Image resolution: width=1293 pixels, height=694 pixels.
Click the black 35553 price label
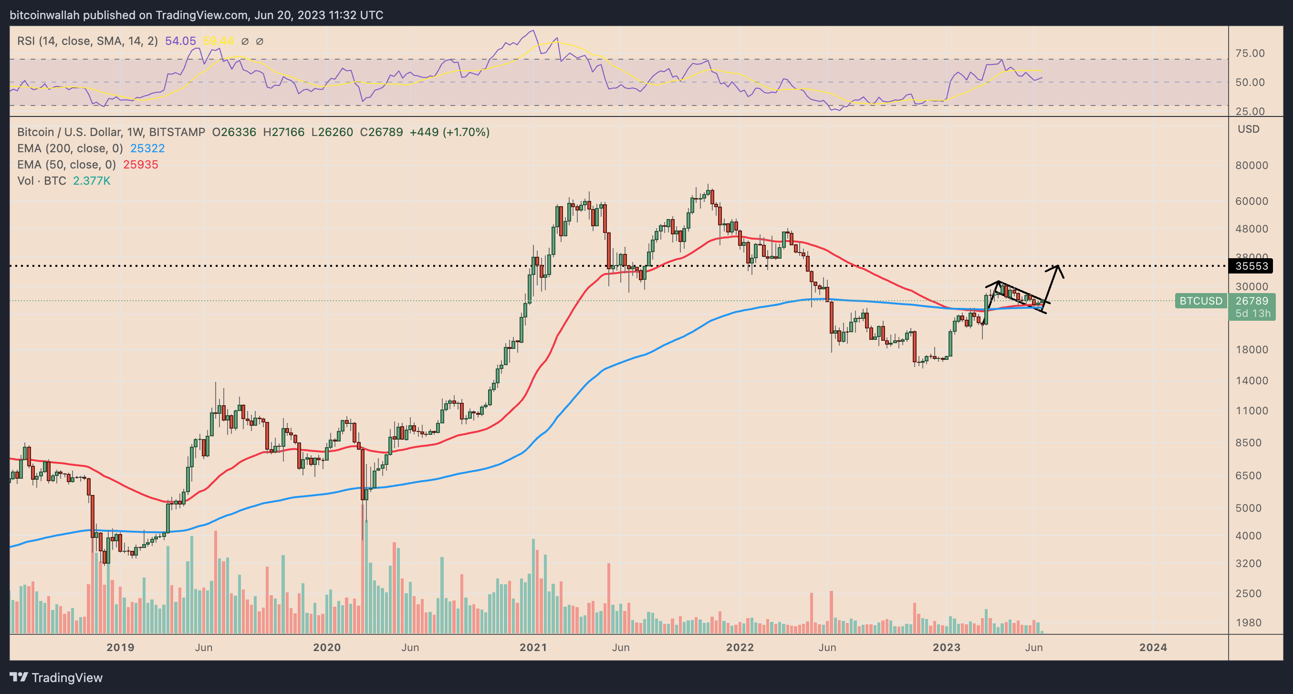click(x=1251, y=266)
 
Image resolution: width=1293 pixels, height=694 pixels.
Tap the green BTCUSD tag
click(x=1200, y=301)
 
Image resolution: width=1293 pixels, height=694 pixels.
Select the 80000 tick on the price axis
click(x=1251, y=165)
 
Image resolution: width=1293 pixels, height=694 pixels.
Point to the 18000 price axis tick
click(x=1251, y=349)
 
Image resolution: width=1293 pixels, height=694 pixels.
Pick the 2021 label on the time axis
click(x=533, y=647)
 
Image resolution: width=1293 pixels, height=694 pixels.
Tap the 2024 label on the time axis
click(x=1153, y=647)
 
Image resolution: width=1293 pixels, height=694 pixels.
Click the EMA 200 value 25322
click(x=147, y=148)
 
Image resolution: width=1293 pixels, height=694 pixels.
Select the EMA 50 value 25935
click(x=141, y=165)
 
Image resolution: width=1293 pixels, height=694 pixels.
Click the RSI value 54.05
click(x=180, y=41)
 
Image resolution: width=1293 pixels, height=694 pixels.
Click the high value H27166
click(x=283, y=132)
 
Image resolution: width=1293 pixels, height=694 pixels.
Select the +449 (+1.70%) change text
click(x=449, y=132)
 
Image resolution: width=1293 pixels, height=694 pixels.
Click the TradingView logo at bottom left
click(x=56, y=677)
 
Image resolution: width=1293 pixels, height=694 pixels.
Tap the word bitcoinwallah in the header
click(x=45, y=15)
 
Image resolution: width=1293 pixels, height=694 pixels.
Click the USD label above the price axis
click(x=1248, y=129)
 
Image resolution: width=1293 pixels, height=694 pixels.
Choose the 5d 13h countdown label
click(x=1252, y=314)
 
